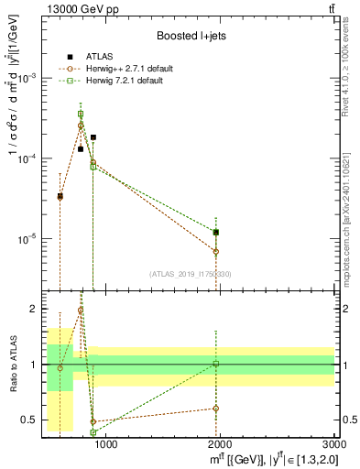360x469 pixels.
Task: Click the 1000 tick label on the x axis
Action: coord(106,445)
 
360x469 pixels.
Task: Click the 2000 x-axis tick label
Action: coord(220,445)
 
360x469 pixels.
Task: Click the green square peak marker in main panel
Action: coord(81,114)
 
